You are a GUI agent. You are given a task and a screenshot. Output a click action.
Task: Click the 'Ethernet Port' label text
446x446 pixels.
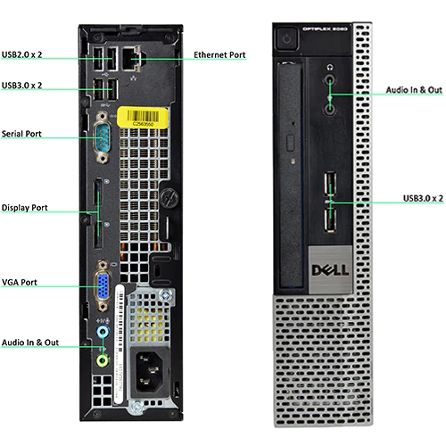coord(219,55)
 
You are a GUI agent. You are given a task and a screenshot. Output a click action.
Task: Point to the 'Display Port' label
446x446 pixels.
coord(24,208)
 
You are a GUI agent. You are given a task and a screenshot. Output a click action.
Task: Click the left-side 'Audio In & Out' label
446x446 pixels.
coord(30,341)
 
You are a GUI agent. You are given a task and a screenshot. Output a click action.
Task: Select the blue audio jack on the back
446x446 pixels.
coord(102,332)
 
